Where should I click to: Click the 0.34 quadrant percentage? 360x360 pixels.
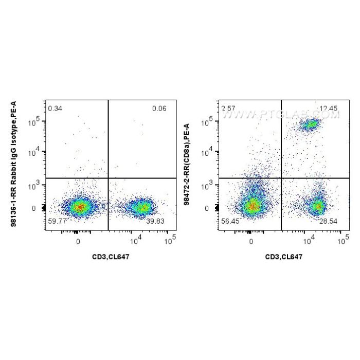tap(54, 109)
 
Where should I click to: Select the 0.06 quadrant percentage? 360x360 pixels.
tap(159, 109)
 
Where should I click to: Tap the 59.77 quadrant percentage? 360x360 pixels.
tap(57, 221)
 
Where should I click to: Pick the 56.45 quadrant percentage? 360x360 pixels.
tap(230, 221)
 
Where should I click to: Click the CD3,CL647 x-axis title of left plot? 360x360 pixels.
tap(109, 256)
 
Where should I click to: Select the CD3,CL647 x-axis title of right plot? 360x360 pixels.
tap(282, 256)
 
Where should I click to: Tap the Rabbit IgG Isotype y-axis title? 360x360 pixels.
tap(31, 164)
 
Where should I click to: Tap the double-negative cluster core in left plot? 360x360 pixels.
tap(78, 207)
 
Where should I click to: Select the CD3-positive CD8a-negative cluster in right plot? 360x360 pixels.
tap(318, 207)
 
